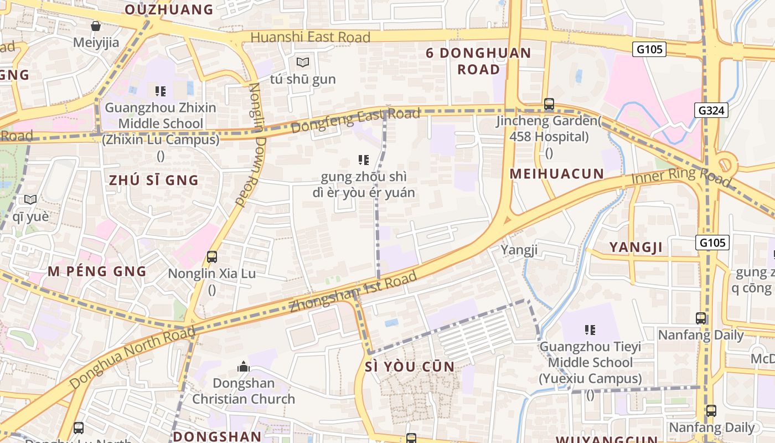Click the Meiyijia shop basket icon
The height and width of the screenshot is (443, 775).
[x=96, y=26]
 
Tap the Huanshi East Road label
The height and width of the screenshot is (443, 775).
[x=310, y=38]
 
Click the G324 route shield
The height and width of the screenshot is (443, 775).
[x=711, y=110]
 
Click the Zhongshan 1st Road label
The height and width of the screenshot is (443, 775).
[x=353, y=292]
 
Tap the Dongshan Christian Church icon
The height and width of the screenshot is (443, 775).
[x=243, y=367]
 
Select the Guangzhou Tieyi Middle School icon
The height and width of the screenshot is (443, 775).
[x=590, y=331]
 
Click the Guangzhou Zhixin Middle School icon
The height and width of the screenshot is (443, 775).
[x=161, y=91]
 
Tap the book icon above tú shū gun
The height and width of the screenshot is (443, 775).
[x=302, y=63]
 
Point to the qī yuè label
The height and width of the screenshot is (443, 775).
[x=30, y=217]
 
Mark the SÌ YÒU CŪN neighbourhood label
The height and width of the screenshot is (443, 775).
[x=410, y=367]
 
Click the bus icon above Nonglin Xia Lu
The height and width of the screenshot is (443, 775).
[x=211, y=257]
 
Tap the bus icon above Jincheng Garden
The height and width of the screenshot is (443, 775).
[x=549, y=104]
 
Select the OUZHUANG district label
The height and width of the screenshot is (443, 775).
[x=169, y=9]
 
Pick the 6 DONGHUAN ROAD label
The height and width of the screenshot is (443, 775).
[x=479, y=61]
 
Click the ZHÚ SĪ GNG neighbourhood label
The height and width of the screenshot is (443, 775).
[x=153, y=180]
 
